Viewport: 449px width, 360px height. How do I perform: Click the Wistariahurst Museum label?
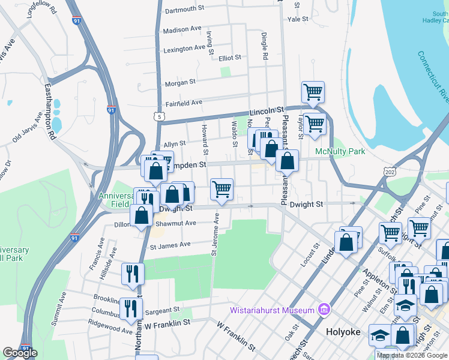click(273, 310)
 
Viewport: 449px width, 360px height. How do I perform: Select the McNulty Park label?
click(341, 152)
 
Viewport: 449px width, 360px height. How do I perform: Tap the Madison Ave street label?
click(182, 29)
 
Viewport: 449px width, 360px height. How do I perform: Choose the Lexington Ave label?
click(183, 49)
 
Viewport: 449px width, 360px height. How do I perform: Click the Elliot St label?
click(230, 58)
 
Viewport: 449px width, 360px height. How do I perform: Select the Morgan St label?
click(181, 82)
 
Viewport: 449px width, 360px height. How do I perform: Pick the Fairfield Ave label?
click(184, 103)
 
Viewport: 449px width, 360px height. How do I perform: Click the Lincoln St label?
click(267, 111)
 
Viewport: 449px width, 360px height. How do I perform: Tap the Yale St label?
click(298, 19)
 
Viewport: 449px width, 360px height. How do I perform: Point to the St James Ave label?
click(170, 244)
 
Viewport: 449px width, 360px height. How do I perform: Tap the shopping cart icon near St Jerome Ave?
click(221, 189)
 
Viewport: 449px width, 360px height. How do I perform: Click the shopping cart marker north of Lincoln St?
click(313, 92)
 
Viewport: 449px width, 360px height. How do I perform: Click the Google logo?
click(20, 353)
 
